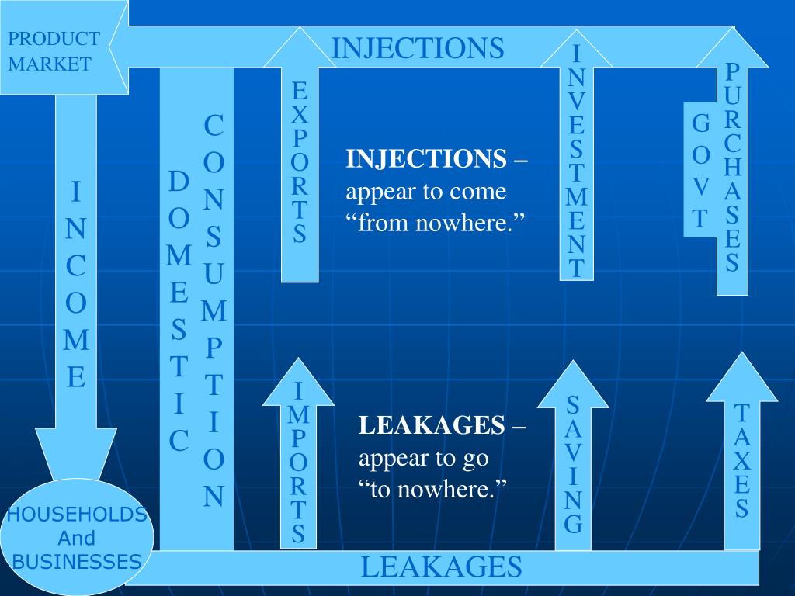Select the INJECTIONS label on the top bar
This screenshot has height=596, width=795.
pos(418,47)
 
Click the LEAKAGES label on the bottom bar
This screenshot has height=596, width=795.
pos(441,567)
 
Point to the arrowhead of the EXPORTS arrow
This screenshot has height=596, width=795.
pos(299,50)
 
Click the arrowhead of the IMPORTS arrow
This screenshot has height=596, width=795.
pos(298,383)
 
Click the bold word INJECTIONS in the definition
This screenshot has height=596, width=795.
pos(425,159)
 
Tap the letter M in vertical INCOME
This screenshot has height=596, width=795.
pos(76,340)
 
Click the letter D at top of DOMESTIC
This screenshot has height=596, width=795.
pos(179,182)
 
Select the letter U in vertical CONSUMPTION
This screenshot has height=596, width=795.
pos(214,273)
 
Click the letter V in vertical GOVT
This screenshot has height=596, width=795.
pos(700,187)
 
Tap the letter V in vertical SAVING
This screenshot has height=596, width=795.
pos(573,450)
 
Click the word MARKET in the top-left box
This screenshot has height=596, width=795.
pos(50,64)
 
